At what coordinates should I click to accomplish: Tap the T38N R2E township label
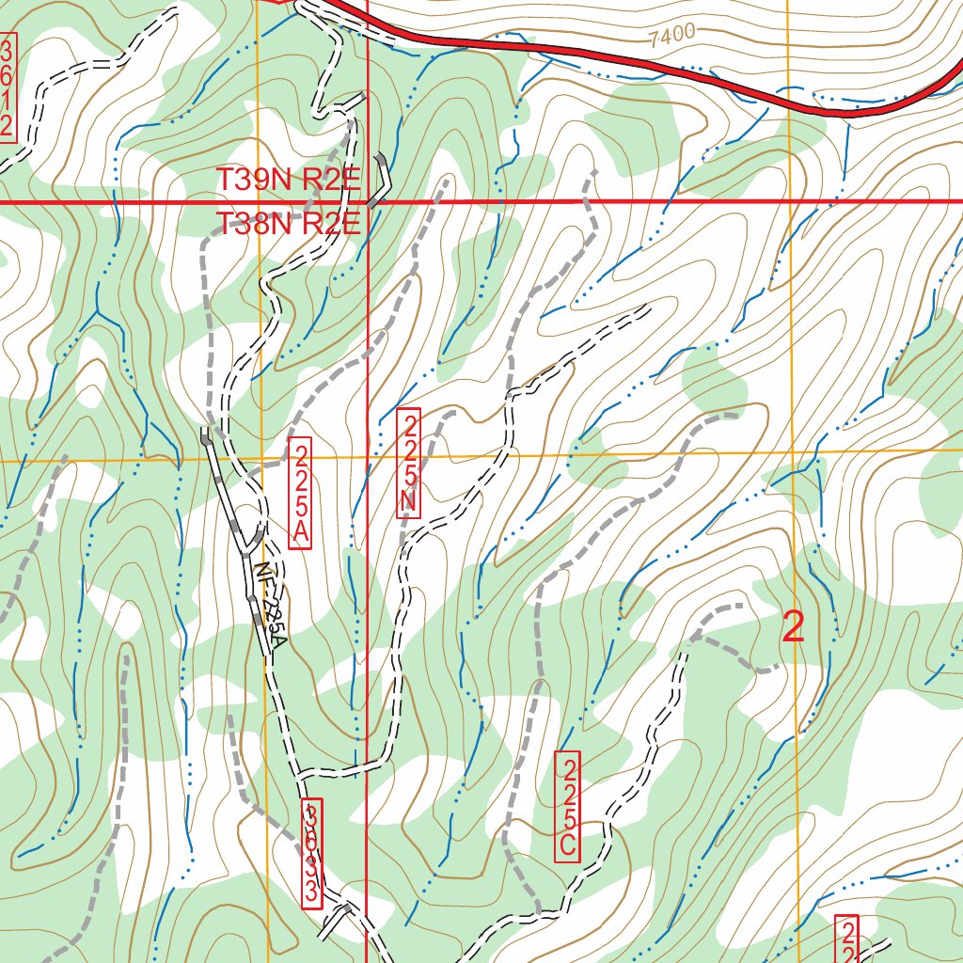coord(289,224)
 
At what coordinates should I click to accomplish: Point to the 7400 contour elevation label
coord(671,35)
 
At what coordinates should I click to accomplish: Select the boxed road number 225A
coord(300,493)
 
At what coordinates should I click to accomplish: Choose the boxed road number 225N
coord(407,463)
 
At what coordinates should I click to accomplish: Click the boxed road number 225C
coord(567,806)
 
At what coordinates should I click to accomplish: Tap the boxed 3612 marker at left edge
coord(7,87)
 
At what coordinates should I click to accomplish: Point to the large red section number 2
coord(794,627)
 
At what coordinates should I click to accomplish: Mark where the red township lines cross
coord(366,201)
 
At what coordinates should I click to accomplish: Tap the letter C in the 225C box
coord(567,845)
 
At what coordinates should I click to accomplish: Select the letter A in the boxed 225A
coord(300,534)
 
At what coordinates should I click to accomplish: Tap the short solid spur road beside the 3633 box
coord(334,922)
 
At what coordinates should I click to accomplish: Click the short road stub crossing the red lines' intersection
coord(379,183)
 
